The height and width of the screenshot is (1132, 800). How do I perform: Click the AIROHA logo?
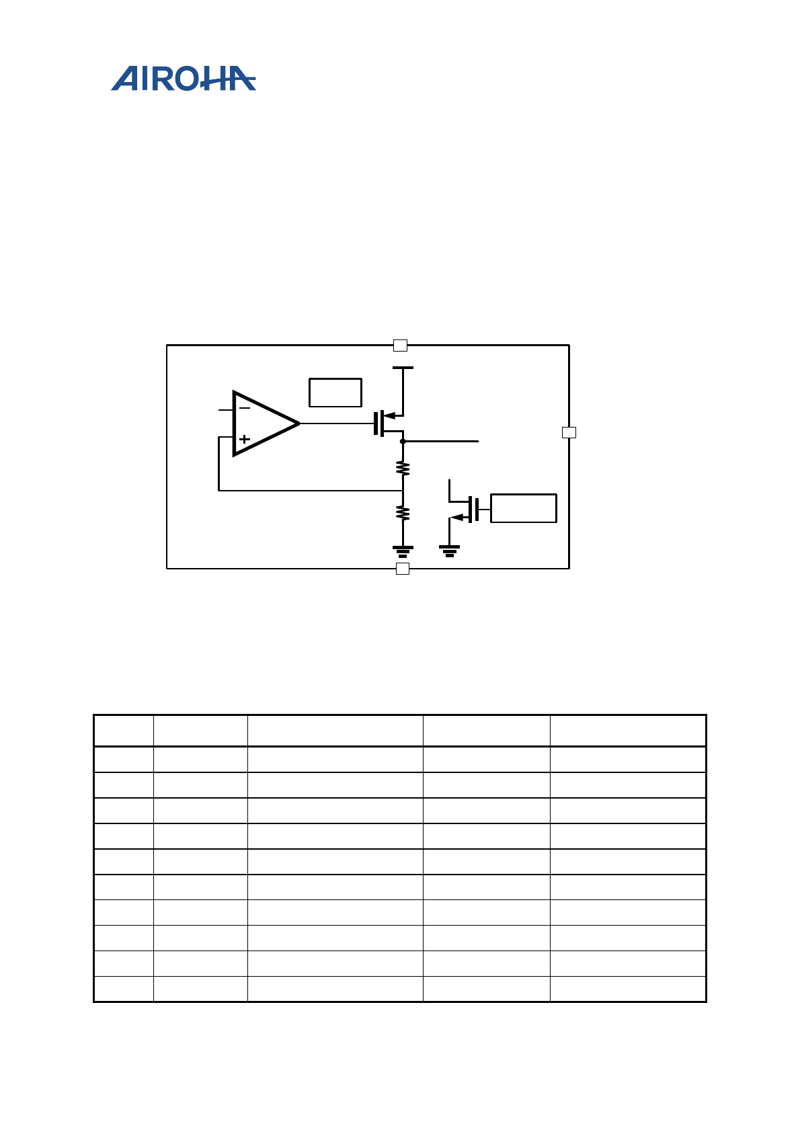coord(183,79)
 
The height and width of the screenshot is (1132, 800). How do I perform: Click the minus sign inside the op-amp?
coord(245,408)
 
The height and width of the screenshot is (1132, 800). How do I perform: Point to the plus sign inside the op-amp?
coord(245,439)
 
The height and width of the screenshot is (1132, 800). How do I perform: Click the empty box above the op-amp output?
coord(335,393)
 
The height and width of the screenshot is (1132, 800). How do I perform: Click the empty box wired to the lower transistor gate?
coord(523,508)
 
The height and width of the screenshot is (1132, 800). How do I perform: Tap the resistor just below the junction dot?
coord(403,468)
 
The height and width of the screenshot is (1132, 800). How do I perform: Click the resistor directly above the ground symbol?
coord(403,513)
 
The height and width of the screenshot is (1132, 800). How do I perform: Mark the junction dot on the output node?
coord(403,442)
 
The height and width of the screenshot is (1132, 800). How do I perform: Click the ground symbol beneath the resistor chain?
coord(403,552)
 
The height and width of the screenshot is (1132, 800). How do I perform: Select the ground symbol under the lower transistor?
coord(449,551)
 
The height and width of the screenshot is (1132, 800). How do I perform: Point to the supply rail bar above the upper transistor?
coord(403,368)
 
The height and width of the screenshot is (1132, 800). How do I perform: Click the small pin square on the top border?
coord(400,346)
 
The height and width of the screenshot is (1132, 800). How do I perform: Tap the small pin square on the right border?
coord(569,432)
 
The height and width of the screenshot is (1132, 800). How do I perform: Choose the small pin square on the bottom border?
coord(403,569)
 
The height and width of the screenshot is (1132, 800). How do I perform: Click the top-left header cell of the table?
coord(124,731)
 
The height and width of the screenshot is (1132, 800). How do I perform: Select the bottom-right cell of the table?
coord(627,989)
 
